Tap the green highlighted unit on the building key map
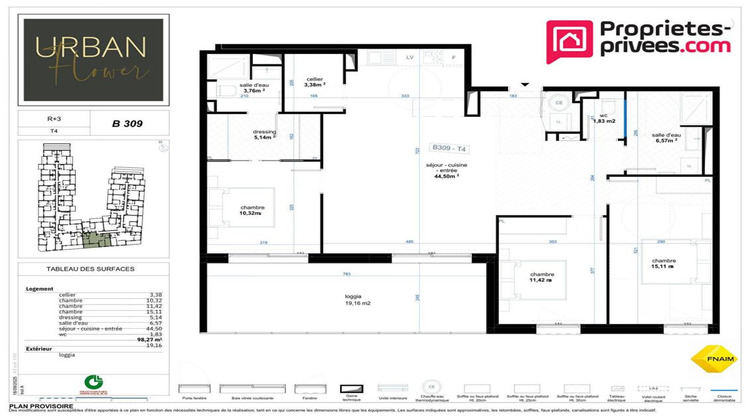pos(96,239)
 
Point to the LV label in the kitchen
pos(410,58)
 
